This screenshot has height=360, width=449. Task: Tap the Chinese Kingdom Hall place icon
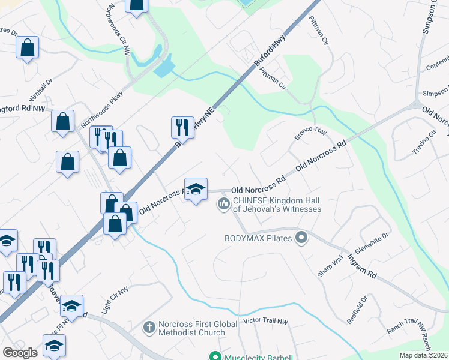[224, 205]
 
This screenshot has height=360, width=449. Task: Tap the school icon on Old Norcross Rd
[196, 190]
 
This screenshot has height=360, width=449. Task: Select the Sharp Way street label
[330, 265]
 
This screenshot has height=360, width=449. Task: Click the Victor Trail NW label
[266, 322]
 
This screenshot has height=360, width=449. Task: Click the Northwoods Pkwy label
[101, 107]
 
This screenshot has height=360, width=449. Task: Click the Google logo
[20, 353]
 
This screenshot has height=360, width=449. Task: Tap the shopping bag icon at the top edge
[137, 5]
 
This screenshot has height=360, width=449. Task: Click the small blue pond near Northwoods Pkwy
[164, 68]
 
